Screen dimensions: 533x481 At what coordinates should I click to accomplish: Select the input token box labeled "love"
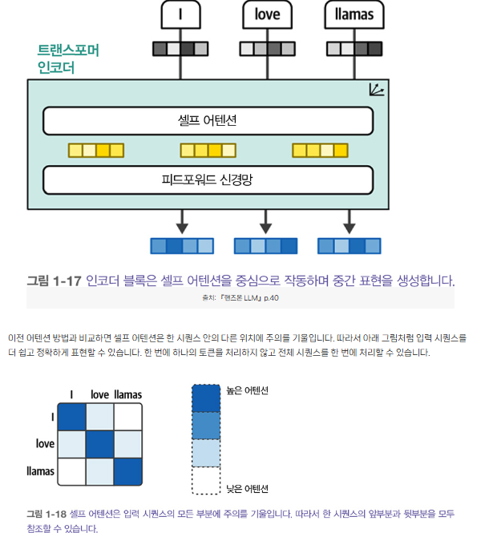[x=266, y=14]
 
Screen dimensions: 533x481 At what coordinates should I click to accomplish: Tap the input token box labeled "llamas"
[x=354, y=14]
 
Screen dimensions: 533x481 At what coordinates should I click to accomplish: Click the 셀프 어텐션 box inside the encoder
[x=208, y=121]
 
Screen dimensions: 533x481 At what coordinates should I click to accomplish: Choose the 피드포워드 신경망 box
[x=208, y=180]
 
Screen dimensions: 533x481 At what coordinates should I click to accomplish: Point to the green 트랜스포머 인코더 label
[x=68, y=59]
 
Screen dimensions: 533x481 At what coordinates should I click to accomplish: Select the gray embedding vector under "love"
[x=266, y=49]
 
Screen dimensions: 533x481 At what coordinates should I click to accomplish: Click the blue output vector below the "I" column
[x=182, y=245]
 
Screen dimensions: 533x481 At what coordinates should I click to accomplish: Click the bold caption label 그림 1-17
[x=55, y=281]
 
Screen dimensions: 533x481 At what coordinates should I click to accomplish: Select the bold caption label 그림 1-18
[x=46, y=513]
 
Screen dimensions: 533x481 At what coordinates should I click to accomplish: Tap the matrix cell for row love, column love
[x=100, y=443]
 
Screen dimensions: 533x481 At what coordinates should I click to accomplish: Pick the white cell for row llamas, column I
[x=72, y=470]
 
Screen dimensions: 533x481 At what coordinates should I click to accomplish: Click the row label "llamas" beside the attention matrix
[x=41, y=470]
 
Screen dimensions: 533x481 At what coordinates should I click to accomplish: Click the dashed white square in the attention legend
[x=205, y=479]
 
